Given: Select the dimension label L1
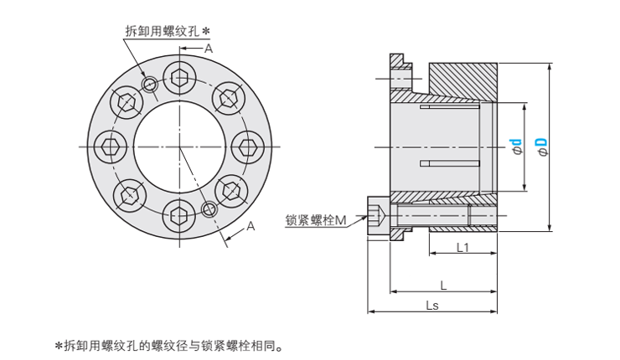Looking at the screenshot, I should tap(462, 248).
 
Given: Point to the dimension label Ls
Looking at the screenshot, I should tap(432, 305).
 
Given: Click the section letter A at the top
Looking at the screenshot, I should tap(209, 49).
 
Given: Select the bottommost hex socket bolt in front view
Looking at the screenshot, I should tap(178, 217).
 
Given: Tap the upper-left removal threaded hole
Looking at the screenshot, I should tap(149, 85).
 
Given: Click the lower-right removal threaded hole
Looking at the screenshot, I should tap(209, 208).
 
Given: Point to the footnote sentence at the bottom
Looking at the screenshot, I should tap(168, 344).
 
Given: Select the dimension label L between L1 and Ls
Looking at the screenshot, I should tap(443, 285).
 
